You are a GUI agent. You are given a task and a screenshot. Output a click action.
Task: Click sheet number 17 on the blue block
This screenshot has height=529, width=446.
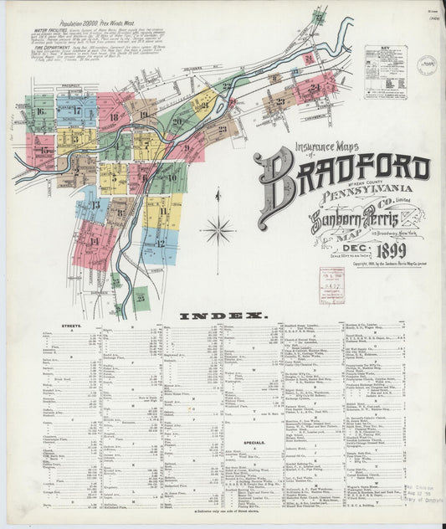(76, 110)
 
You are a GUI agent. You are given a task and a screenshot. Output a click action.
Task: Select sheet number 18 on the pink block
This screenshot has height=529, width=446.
(113, 118)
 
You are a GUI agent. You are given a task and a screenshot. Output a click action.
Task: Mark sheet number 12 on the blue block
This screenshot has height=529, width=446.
(159, 243)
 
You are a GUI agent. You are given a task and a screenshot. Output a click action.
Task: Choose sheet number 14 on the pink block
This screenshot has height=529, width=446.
(94, 241)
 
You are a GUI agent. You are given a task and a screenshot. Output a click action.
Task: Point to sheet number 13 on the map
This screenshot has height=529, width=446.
(95, 204)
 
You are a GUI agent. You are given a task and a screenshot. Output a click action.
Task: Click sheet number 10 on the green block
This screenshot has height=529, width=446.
(172, 177)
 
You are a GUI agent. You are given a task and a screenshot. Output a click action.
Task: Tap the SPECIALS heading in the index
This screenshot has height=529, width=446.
(254, 444)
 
